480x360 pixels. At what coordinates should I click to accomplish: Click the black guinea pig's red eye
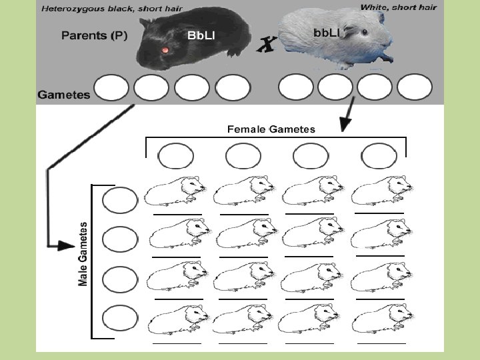tap(164, 51)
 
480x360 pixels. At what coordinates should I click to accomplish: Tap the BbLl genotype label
tap(201, 35)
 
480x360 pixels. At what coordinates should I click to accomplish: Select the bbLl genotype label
tap(327, 33)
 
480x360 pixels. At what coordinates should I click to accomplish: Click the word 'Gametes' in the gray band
tap(64, 95)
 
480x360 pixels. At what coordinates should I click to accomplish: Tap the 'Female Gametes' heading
tap(271, 129)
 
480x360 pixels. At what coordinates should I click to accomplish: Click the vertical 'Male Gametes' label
tap(83, 254)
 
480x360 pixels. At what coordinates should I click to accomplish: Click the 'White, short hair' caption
tap(399, 7)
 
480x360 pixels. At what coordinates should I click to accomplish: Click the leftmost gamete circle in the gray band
tap(111, 88)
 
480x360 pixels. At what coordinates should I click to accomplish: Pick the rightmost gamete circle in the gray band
tap(415, 88)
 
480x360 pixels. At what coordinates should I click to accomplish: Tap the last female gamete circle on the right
tap(379, 157)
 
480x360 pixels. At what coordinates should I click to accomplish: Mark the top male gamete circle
tap(120, 199)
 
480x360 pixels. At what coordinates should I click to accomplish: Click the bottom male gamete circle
tap(120, 319)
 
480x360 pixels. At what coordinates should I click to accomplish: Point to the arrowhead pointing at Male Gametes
tap(65, 245)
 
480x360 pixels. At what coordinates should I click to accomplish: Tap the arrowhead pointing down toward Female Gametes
tap(345, 124)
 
